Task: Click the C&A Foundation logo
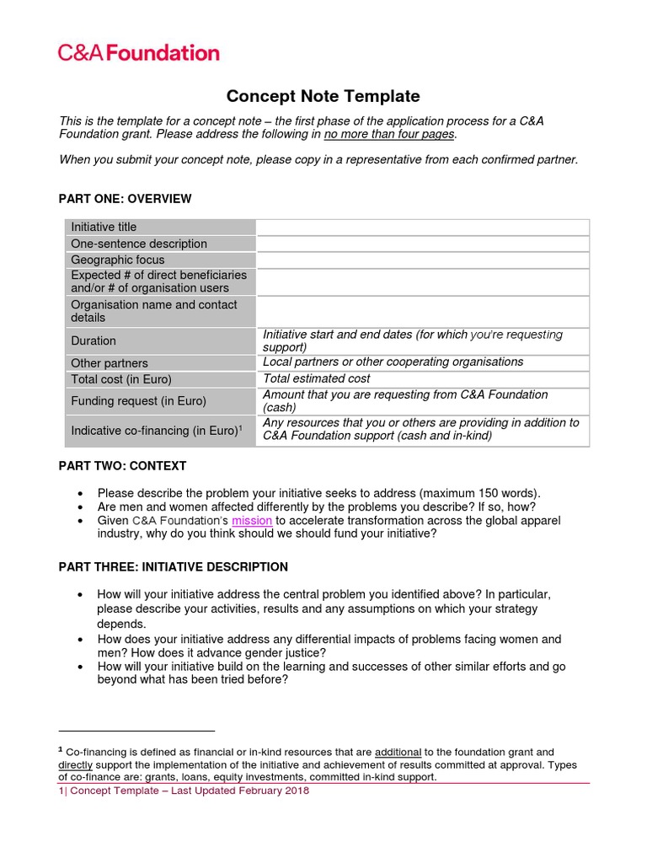[138, 53]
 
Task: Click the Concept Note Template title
[323, 97]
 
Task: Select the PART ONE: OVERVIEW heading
[125, 199]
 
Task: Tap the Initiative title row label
[104, 227]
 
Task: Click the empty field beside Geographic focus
[422, 260]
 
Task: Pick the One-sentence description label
[139, 244]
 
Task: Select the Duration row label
[94, 340]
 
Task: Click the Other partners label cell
[110, 363]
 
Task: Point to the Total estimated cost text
[317, 379]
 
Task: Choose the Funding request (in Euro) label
[138, 401]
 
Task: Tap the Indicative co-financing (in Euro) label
[156, 431]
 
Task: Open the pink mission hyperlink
[252, 521]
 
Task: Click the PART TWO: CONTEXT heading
[122, 465]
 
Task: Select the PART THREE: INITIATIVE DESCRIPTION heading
[173, 567]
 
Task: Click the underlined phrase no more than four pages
[389, 134]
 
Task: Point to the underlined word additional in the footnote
[398, 752]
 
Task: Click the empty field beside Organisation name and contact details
[422, 311]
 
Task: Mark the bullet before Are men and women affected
[80, 507]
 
